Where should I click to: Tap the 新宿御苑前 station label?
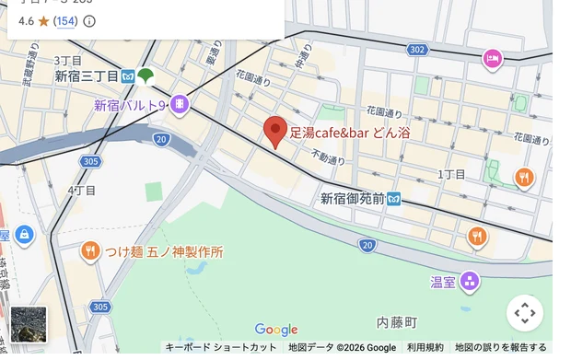pos(352,199)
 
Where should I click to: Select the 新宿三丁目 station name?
pos(87,76)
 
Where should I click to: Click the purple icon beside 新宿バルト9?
pos(179,105)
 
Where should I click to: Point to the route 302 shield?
pos(417,49)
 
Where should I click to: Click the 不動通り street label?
pos(328,157)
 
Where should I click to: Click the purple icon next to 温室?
pos(470,280)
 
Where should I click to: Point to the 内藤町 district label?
pos(397,322)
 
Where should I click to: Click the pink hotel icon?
pos(493,60)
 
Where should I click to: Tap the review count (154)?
pos(65,20)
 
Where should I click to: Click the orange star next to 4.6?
pos(43,20)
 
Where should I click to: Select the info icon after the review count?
pos(89,20)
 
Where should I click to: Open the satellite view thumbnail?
pos(28,324)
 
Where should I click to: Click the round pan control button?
pos(525,313)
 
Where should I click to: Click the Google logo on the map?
pos(276,330)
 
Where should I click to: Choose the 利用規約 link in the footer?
pos(425,348)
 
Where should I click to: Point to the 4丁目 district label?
pos(81,191)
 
